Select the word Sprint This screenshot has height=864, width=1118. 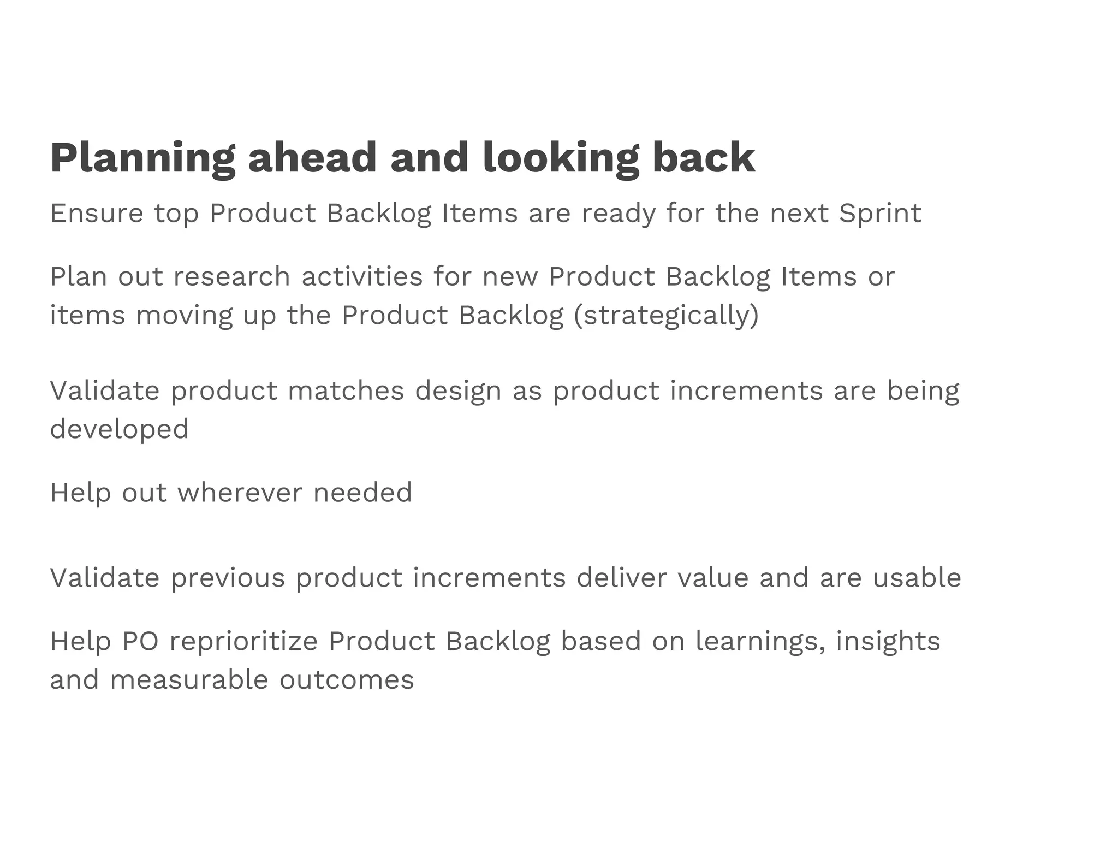pos(880,213)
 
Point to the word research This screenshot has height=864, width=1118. pos(231,276)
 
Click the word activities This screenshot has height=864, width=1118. pos(362,276)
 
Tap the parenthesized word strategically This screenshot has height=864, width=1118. pos(666,316)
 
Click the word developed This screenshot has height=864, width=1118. pos(119,429)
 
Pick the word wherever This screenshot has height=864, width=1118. pos(240,493)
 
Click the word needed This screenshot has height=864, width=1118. pos(362,493)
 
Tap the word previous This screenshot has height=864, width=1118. pos(228,578)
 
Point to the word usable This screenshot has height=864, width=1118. pos(917,578)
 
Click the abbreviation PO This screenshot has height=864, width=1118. pos(140,641)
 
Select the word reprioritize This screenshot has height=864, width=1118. pos(243,641)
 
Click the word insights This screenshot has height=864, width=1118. pos(888,641)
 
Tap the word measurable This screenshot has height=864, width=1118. pos(189,680)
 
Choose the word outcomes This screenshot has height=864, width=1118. pos(347,680)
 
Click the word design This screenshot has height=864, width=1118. pos(458,390)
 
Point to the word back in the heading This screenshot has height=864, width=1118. pos(704,159)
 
